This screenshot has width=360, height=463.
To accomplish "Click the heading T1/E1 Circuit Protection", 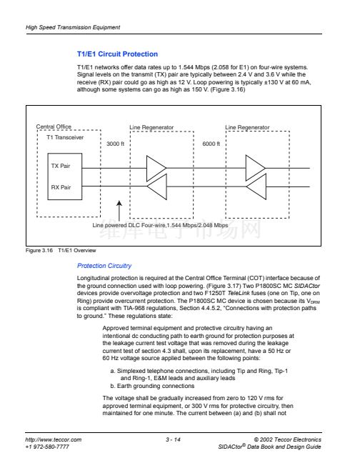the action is [x=117, y=54].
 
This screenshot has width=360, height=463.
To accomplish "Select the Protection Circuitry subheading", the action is [x=104, y=266].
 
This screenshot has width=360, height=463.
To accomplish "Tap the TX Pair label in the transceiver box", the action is [x=61, y=166].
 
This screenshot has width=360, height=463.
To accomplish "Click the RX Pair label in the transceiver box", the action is [x=61, y=187].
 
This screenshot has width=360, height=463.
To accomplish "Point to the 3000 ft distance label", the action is [x=116, y=144].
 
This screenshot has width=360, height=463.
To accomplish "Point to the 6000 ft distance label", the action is [x=211, y=144].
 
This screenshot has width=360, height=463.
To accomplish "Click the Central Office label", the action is [x=54, y=126].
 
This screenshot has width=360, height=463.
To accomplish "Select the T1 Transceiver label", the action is [x=65, y=137].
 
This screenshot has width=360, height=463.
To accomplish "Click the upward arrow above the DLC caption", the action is [x=119, y=211].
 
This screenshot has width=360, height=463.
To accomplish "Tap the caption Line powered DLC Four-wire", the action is [x=129, y=225].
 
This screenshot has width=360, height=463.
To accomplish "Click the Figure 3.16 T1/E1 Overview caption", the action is [x=61, y=250].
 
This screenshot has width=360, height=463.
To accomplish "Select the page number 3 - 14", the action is [x=173, y=439].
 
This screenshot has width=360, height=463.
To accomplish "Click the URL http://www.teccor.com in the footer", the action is [x=54, y=439].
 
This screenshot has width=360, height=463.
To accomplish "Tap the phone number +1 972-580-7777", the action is [x=47, y=447].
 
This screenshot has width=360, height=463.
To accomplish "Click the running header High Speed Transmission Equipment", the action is [x=73, y=27].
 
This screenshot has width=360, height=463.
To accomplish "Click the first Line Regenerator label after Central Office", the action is [x=151, y=127].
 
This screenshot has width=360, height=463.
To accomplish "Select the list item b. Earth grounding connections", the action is [x=152, y=386].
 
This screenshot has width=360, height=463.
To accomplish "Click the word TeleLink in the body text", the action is [x=239, y=293].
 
